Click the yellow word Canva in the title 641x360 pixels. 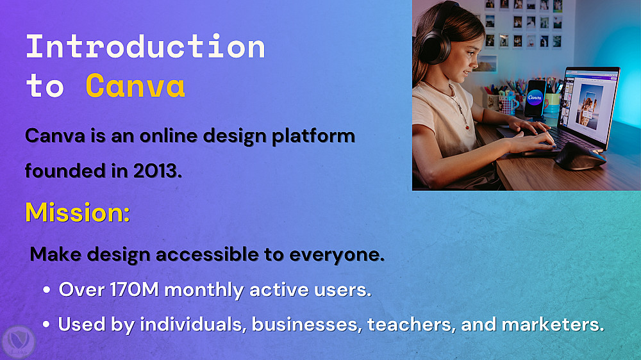click(x=135, y=85)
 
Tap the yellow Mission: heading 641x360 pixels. click(x=78, y=212)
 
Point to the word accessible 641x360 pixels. click(x=207, y=254)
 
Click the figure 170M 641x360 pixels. click(x=135, y=290)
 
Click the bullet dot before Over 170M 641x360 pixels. click(x=46, y=290)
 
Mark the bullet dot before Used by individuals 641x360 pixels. click(x=46, y=325)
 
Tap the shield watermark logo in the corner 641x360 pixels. click(x=19, y=342)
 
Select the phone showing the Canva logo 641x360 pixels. click(x=535, y=99)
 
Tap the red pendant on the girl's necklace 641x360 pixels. click(x=467, y=127)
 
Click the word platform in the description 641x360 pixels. click(x=313, y=136)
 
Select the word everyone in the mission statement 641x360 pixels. click(x=337, y=254)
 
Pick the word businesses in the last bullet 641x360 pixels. click(x=307, y=324)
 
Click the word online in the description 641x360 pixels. click(x=169, y=136)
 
